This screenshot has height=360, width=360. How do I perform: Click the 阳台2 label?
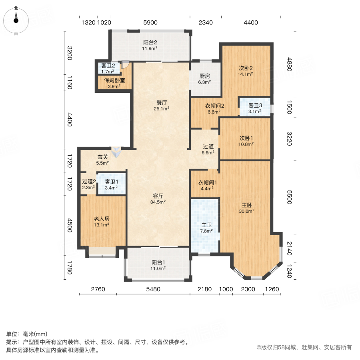tap(150, 42)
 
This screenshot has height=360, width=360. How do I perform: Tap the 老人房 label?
tap(102, 219)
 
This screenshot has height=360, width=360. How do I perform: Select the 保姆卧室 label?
tap(115, 80)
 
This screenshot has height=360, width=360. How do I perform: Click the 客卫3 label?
tap(255, 105)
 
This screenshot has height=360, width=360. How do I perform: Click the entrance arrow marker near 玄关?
tap(116, 151)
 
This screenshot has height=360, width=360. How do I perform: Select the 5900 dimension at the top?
tap(150, 22)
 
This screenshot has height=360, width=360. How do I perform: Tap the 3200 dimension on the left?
tap(70, 53)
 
